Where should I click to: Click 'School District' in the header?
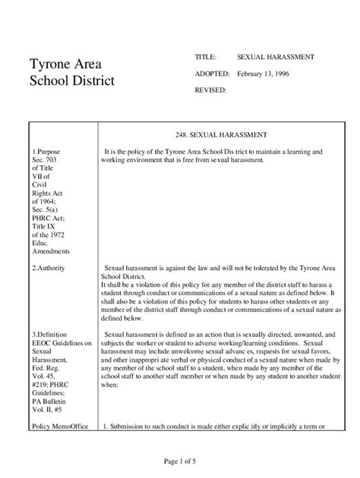[73, 80]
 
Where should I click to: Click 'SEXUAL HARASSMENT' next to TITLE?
[276, 57]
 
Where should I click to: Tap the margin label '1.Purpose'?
[48, 152]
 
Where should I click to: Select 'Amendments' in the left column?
[52, 251]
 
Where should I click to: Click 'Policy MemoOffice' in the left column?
[60, 426]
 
